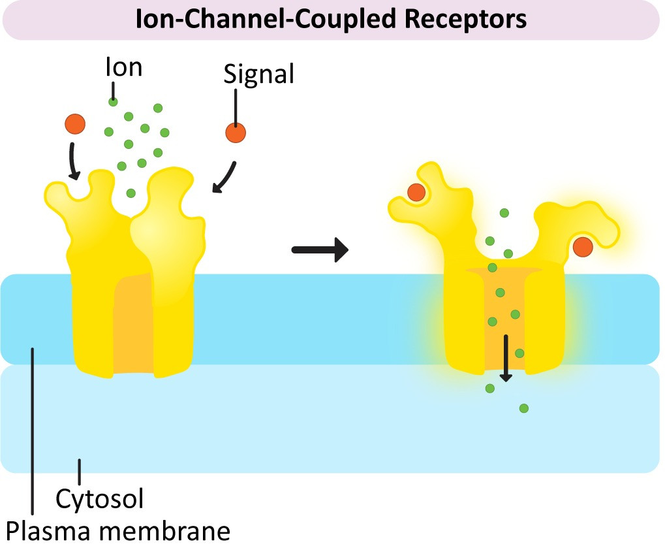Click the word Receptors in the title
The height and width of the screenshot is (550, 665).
click(466, 20)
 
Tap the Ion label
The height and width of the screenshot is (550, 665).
click(123, 67)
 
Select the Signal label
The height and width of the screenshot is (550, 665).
click(258, 74)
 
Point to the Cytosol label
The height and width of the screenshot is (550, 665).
click(100, 498)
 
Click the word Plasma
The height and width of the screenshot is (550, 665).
click(48, 531)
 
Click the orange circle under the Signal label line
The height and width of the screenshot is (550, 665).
click(236, 133)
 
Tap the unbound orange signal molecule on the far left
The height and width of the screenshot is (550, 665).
click(75, 124)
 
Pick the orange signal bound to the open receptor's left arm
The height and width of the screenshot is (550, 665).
click(416, 192)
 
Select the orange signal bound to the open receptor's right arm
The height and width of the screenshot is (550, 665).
click(583, 247)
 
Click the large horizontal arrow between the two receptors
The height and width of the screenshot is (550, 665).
click(320, 250)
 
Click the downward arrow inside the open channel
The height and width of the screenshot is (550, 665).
click(506, 358)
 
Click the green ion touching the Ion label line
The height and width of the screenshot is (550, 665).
click(113, 102)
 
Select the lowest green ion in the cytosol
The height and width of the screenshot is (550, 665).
click(524, 408)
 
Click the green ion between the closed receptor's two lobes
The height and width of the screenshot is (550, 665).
click(131, 193)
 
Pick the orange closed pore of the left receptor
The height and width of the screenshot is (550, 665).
click(132, 323)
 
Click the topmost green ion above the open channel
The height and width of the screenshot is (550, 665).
click(504, 213)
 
